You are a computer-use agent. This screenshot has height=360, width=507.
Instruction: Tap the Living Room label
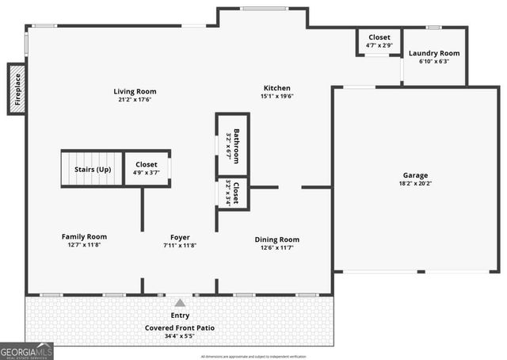coord(135,91)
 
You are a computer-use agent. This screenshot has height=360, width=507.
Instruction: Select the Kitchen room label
coord(277,88)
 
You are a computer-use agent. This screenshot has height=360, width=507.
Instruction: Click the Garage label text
coord(415,175)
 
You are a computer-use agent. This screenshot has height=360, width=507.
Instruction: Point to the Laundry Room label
coord(434,54)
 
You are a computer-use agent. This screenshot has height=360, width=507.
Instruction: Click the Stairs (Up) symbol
coord(92,169)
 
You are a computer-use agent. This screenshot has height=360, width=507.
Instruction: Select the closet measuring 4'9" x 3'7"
coord(147,168)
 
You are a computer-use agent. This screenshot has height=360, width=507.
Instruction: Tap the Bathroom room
coord(233,144)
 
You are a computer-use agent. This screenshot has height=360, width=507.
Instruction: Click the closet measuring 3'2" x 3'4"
coord(233,193)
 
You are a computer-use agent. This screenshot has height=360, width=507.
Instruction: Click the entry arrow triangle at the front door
coord(180,303)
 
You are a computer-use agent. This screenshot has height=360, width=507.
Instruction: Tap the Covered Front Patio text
coord(179,327)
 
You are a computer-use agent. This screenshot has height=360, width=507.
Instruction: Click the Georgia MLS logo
coord(26,350)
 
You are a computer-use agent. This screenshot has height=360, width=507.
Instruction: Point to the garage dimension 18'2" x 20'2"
coord(415,183)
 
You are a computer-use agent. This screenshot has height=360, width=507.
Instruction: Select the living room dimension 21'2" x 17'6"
coord(135,100)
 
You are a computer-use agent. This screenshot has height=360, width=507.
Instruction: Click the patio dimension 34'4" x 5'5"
coord(179,336)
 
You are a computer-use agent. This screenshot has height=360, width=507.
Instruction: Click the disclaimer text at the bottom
coord(253,356)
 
